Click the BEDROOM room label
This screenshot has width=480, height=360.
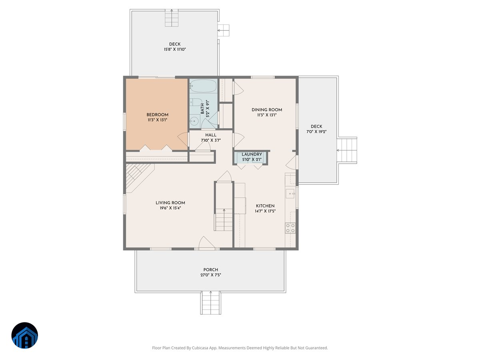[x=157, y=114]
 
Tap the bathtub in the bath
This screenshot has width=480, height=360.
[x=203, y=86]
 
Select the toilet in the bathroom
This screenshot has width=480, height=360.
[x=195, y=102]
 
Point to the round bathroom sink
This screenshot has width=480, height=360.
[x=194, y=121]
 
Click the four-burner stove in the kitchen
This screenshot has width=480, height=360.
[x=290, y=228]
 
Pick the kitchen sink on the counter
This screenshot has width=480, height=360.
[x=290, y=194]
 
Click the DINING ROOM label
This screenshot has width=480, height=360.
[x=267, y=110]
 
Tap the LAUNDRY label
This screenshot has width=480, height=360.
[x=252, y=154]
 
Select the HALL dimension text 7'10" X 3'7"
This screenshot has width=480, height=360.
[x=211, y=140]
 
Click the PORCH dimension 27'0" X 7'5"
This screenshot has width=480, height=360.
[x=211, y=275]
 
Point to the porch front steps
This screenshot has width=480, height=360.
[x=210, y=303]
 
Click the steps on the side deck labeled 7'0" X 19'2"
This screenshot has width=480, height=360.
[x=347, y=150]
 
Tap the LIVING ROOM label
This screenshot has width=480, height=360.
[x=170, y=203]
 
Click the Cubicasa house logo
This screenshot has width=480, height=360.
[x=25, y=335]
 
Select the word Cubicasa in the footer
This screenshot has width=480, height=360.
[x=200, y=348]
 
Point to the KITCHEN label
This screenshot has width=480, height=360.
[x=265, y=206]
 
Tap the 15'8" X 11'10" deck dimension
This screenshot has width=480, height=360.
[x=175, y=49]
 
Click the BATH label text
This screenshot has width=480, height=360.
[x=202, y=108]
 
